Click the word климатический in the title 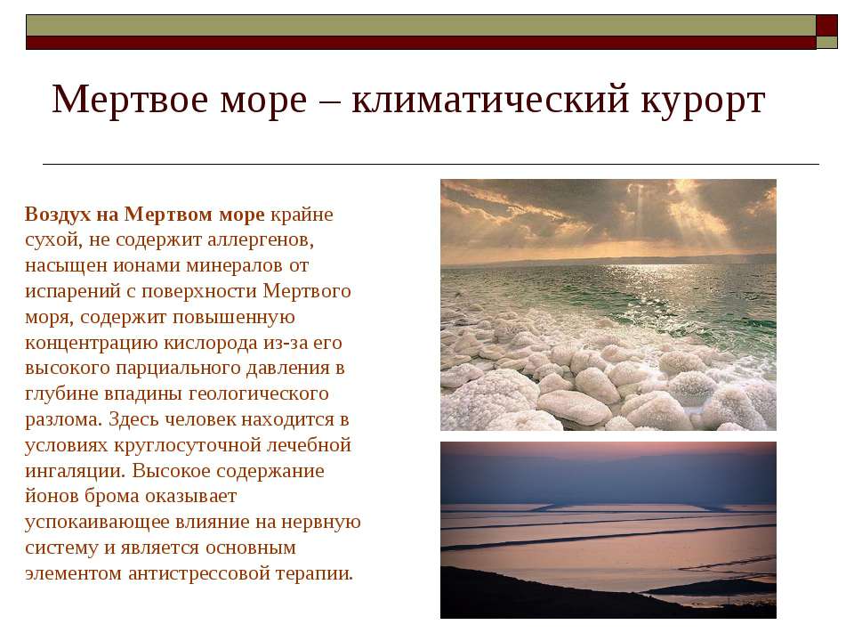[x=490, y=101]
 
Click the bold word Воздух [x=58, y=215]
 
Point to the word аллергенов [x=261, y=239]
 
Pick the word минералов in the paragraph [x=234, y=266]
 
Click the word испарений [x=73, y=292]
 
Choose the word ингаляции [x=75, y=471]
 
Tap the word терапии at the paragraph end [x=314, y=573]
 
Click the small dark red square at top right [x=826, y=26]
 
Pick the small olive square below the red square [x=826, y=43]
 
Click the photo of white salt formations [x=608, y=304]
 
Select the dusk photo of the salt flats [x=608, y=530]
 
